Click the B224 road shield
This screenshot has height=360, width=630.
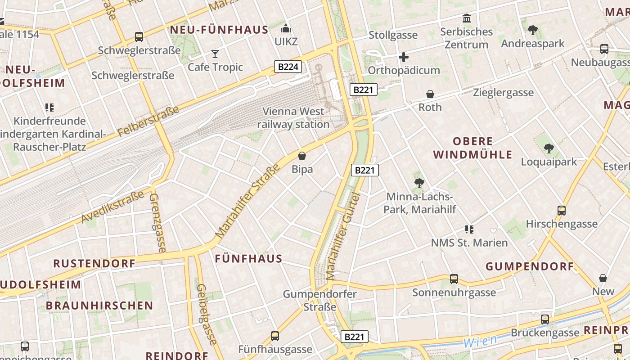tap(288, 67)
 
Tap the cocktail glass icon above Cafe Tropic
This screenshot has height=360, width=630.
tap(215, 54)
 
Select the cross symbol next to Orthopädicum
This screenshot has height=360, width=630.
tap(404, 57)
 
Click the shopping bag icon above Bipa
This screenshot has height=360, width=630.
tap(302, 156)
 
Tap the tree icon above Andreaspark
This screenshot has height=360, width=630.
tap(532, 30)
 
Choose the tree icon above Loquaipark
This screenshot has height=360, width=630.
tap(549, 148)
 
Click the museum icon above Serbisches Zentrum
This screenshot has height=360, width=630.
tap(467, 18)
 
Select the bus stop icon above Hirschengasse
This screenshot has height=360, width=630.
tap(561, 210)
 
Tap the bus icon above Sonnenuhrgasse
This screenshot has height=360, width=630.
tap(454, 279)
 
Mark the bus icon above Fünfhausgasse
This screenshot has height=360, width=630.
tap(274, 336)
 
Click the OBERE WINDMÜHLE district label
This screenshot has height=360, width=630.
tap(472, 148)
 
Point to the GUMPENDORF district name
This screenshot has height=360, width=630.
tap(530, 266)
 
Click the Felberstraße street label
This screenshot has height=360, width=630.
tap(148, 121)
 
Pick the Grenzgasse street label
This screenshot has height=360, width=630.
tap(157, 223)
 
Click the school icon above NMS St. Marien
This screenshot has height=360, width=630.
tap(469, 229)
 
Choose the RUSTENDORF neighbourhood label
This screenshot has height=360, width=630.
tap(94, 263)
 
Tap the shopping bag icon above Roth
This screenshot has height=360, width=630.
tap(430, 94)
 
